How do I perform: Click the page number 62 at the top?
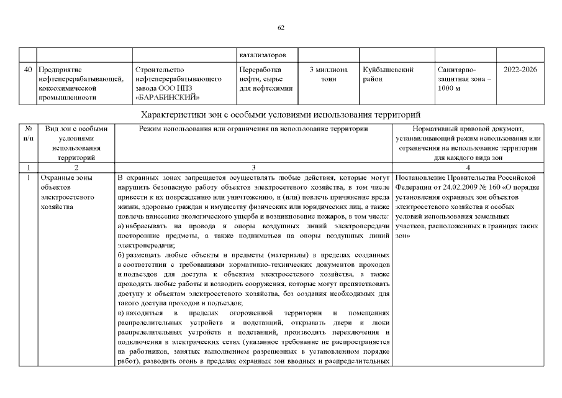pos(281,27)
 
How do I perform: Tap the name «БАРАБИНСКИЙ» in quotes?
pos(166,97)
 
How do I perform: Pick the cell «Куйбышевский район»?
pos(388,75)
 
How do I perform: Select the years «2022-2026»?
pos(520,70)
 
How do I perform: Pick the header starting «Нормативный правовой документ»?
pos(468,129)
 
